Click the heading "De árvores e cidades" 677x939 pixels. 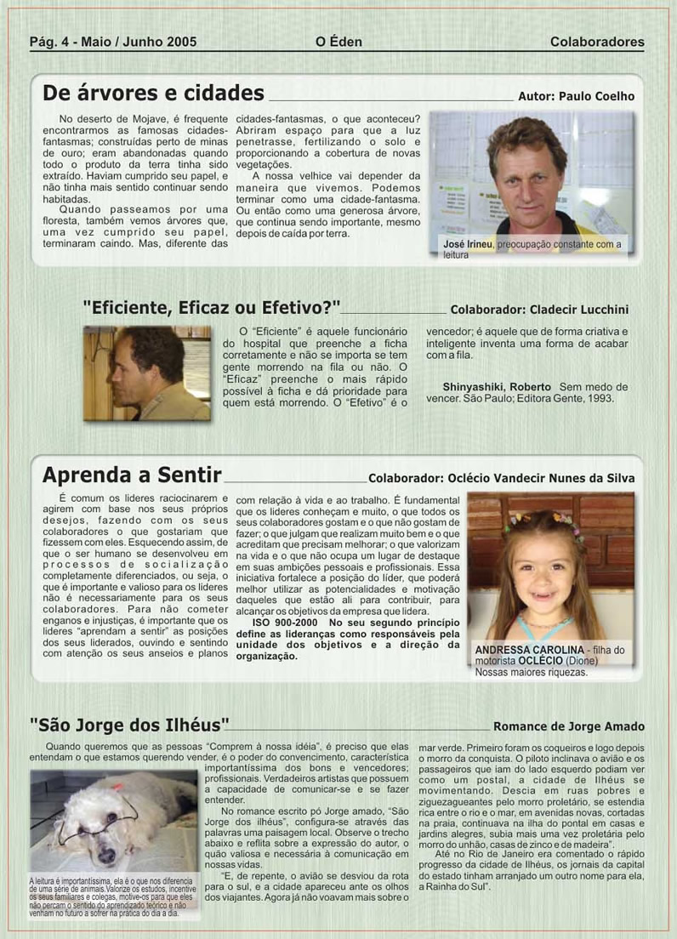click(x=153, y=93)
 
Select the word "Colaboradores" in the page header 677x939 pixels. click(x=596, y=41)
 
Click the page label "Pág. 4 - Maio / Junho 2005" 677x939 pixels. click(x=113, y=41)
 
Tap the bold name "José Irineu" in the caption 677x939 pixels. click(x=468, y=245)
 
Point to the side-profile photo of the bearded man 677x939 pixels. click(x=146, y=372)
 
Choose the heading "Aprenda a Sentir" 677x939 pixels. click(x=132, y=474)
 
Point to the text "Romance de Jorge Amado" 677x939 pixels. click(x=568, y=727)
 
